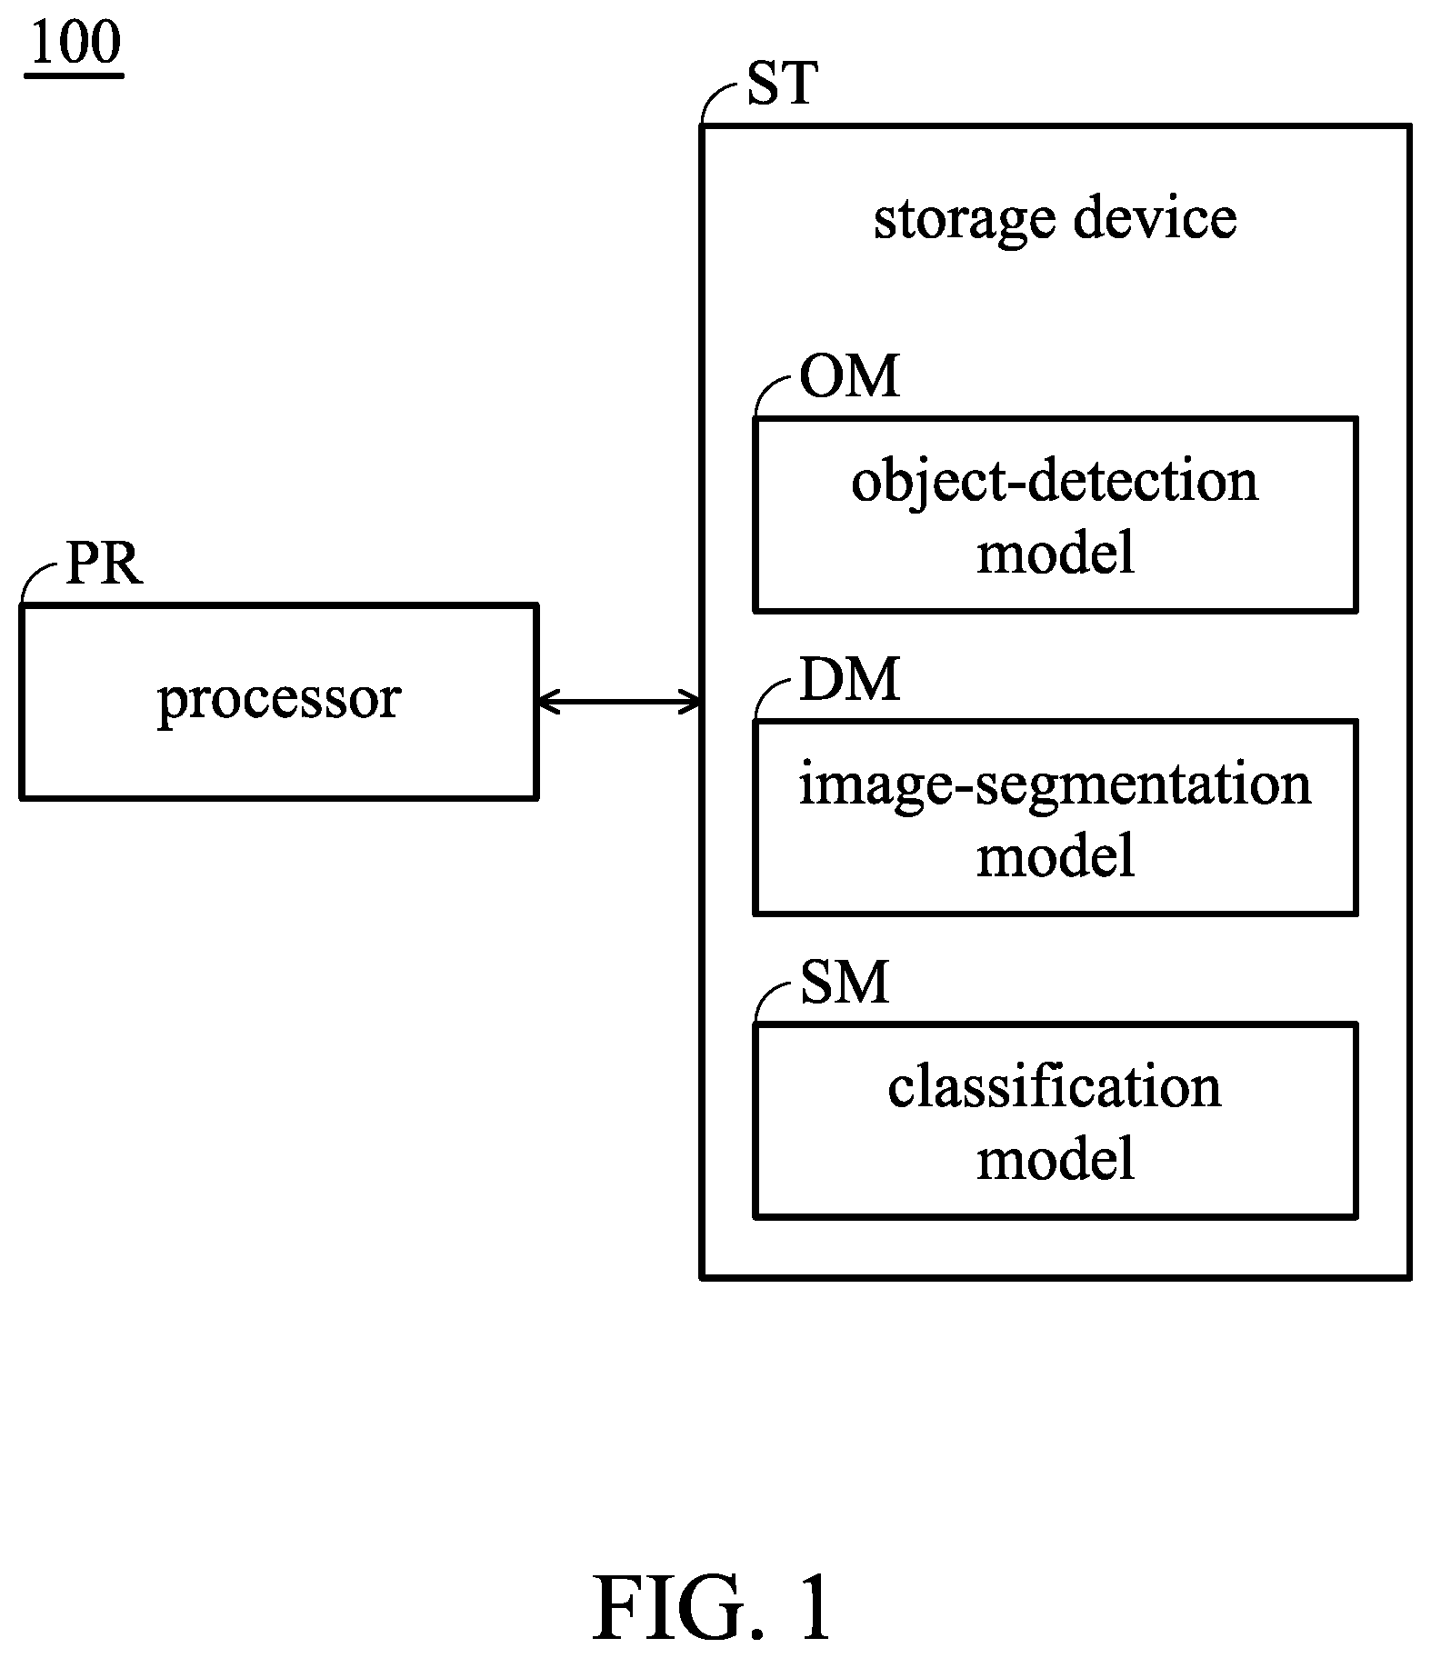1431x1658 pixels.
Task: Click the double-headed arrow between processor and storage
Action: point(619,701)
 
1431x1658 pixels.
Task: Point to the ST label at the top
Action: point(782,84)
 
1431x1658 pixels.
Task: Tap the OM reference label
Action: point(849,376)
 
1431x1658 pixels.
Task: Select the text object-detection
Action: point(1055,482)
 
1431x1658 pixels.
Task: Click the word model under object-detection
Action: point(1056,553)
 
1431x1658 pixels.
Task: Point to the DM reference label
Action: point(849,679)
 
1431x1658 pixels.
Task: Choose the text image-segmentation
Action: point(1055,784)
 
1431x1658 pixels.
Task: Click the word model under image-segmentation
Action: point(1056,855)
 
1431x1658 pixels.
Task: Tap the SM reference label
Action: point(844,983)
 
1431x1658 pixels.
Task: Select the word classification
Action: point(1055,1087)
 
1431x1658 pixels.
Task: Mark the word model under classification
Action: point(1056,1159)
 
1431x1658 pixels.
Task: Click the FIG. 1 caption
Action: point(713,1607)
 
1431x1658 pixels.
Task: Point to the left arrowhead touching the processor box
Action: point(548,701)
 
